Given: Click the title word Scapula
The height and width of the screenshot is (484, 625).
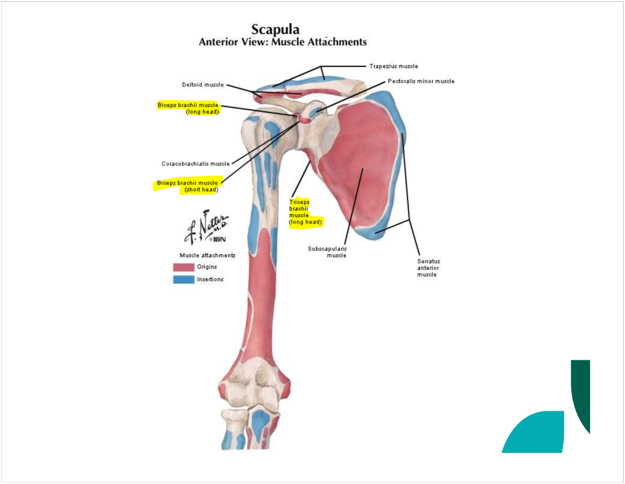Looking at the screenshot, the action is click(275, 29).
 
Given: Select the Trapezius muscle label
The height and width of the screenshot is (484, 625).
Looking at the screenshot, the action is click(394, 66).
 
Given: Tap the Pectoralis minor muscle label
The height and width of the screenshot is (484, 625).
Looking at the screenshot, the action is click(421, 81).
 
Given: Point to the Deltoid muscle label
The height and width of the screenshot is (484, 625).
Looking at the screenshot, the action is click(202, 85).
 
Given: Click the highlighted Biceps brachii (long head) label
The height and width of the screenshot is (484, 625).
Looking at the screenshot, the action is click(188, 108).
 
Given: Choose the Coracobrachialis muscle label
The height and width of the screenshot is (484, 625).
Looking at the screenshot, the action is click(195, 164).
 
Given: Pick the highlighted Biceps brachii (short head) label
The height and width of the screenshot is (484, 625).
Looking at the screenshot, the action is click(188, 186).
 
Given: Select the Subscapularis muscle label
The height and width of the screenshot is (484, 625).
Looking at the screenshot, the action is click(328, 252).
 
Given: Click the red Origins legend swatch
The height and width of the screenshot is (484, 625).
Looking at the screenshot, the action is click(184, 267).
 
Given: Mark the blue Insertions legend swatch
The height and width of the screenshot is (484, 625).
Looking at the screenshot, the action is click(184, 279).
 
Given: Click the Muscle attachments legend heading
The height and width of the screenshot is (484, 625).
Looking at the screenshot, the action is click(208, 256).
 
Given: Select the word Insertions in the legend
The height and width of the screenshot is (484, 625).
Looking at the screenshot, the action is click(210, 279).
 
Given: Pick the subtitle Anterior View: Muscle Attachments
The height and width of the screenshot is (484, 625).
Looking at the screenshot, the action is click(282, 42).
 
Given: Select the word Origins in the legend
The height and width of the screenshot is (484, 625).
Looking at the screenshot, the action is click(207, 267).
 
